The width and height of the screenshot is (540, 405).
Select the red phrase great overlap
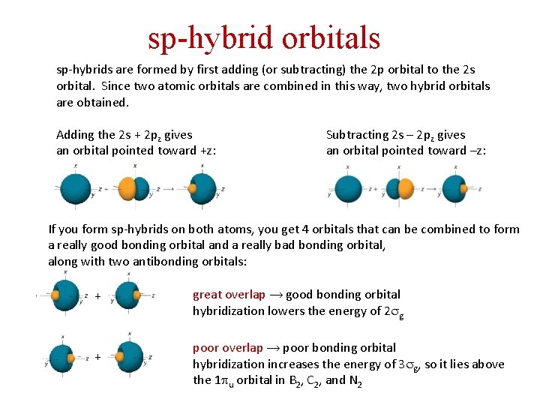pos(223,295)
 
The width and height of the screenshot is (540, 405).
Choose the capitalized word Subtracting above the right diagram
pos(356,135)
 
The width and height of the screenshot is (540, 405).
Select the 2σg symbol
pos(395,311)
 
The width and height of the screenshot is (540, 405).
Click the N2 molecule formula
pos(357,381)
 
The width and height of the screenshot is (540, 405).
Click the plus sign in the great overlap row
pos(97,296)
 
